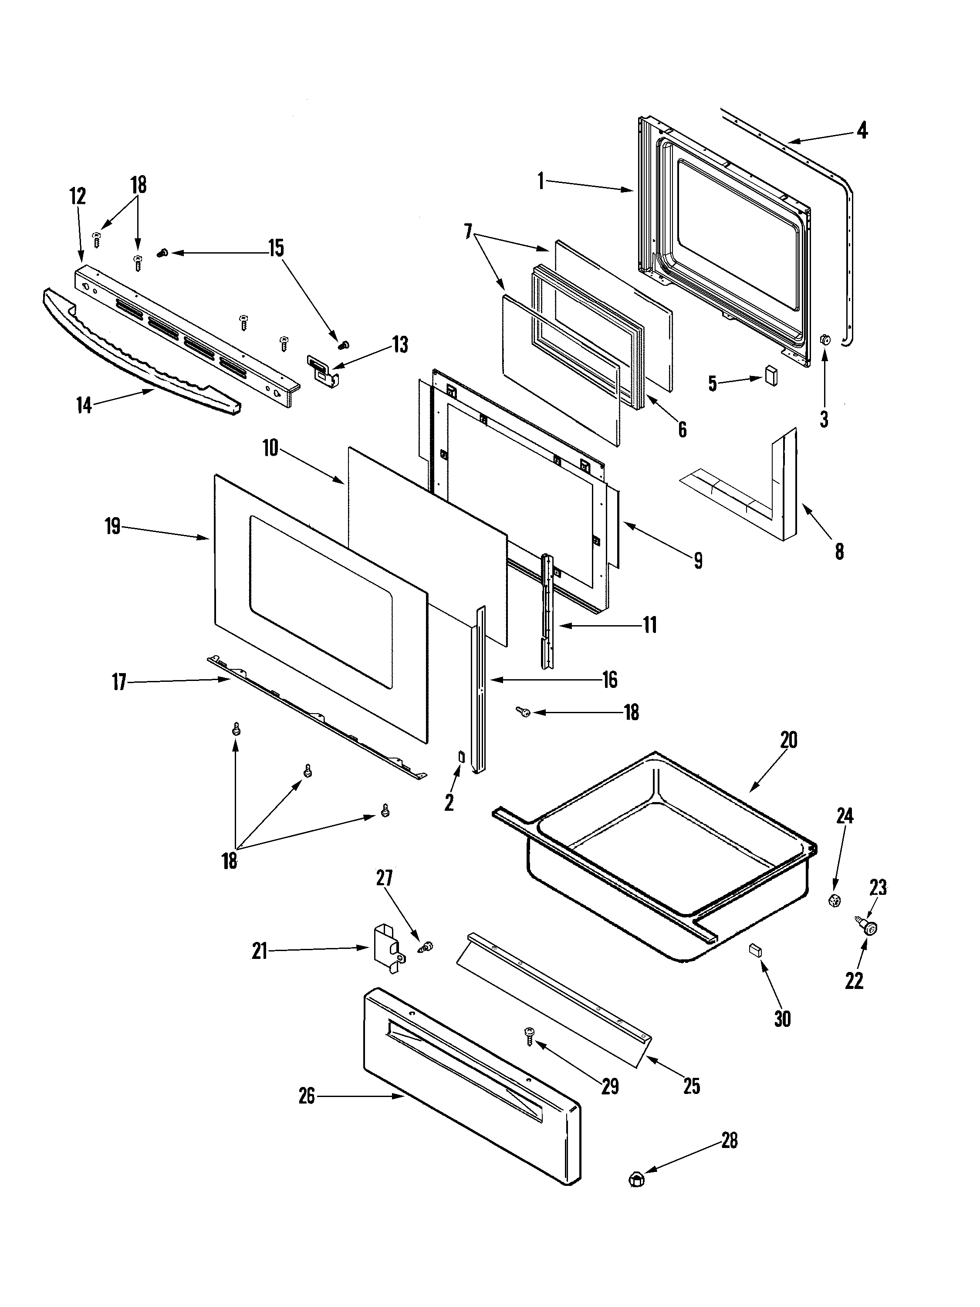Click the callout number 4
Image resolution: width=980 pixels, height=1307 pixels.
(862, 130)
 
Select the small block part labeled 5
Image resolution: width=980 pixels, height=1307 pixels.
(770, 375)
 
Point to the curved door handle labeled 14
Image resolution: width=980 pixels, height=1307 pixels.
(142, 353)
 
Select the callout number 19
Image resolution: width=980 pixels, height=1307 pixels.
(113, 526)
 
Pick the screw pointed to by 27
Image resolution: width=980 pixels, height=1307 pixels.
(425, 947)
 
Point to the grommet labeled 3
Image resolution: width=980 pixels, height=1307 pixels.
(825, 340)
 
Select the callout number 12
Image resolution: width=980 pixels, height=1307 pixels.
(78, 196)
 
